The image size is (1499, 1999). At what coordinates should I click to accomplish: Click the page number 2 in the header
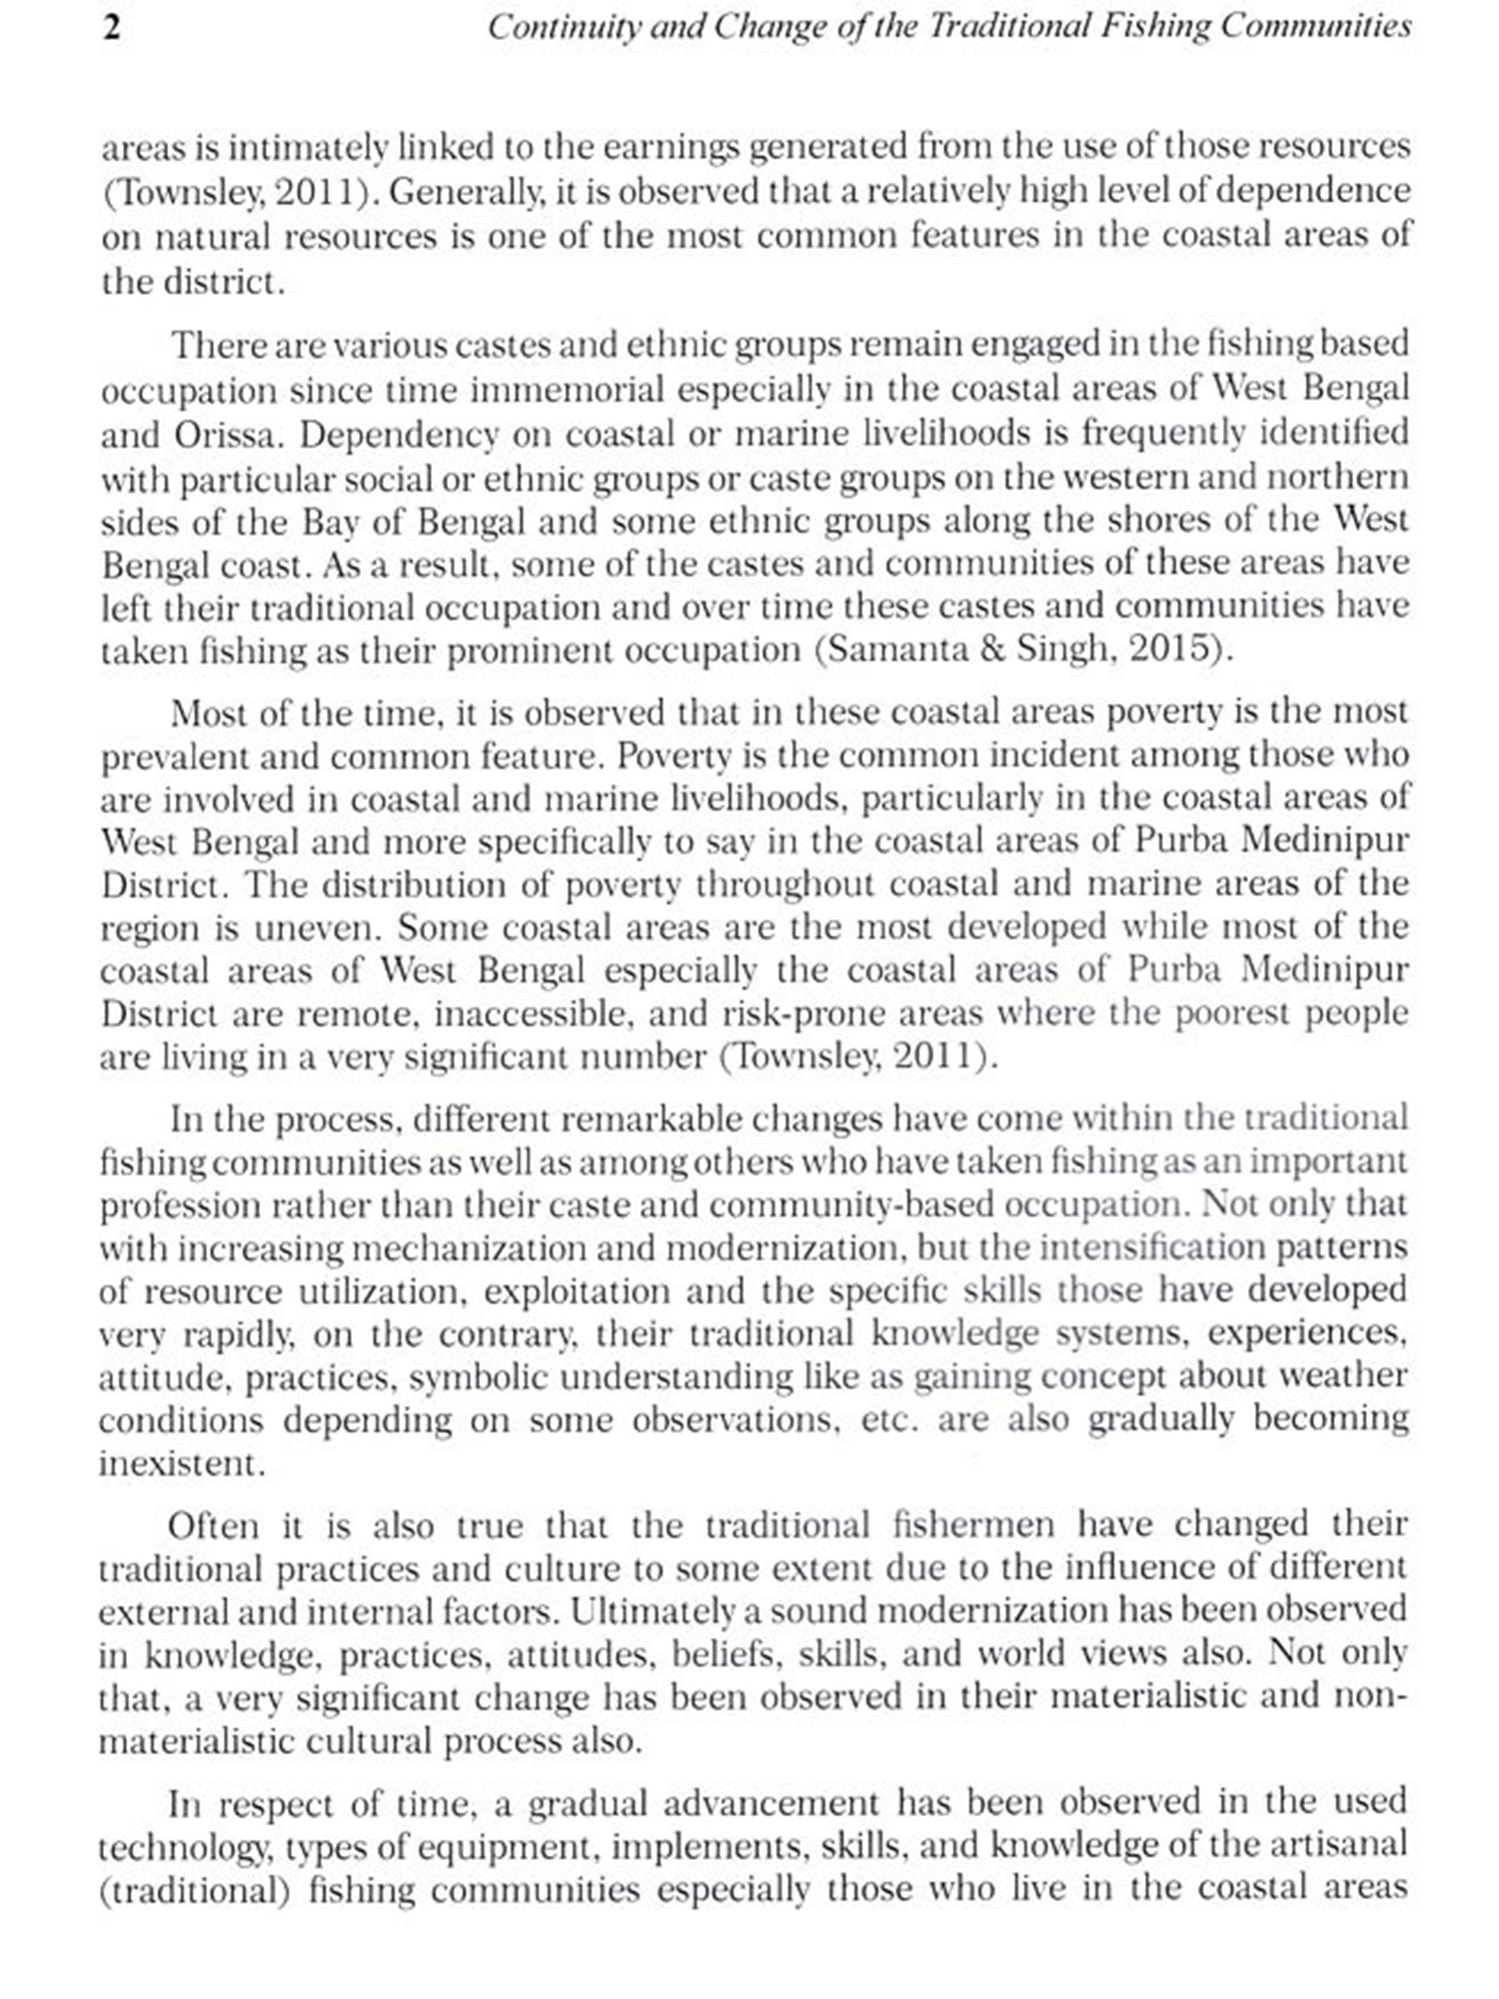coord(112,27)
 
